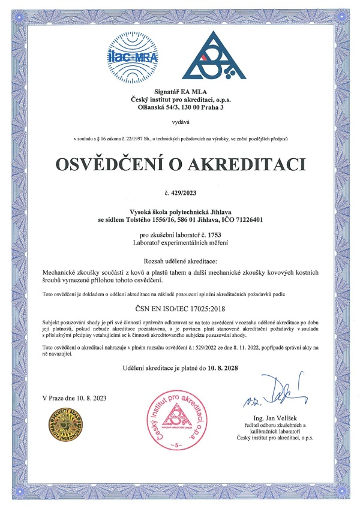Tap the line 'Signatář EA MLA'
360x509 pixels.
[x=180, y=91]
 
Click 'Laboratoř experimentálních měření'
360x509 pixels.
[x=180, y=242]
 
